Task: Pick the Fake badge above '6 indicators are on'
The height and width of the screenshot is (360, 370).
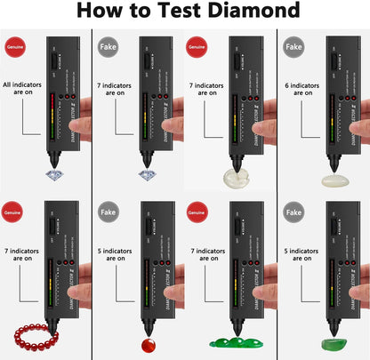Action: [x=292, y=42]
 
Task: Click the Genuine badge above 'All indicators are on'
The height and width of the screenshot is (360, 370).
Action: [x=14, y=42]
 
